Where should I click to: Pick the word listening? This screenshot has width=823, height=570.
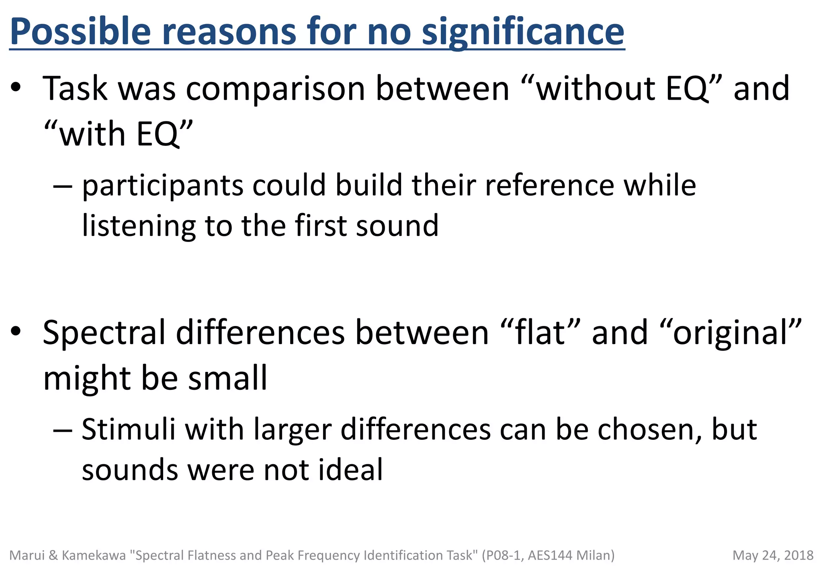click(139, 226)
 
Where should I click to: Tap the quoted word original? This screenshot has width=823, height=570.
click(731, 333)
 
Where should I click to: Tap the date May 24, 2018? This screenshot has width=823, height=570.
click(773, 555)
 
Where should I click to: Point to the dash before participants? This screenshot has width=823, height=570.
click(63, 186)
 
